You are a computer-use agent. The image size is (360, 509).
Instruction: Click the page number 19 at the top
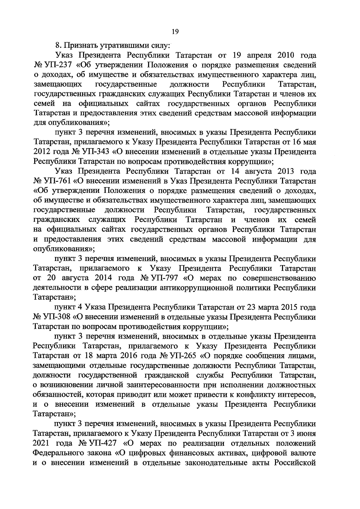(176, 32)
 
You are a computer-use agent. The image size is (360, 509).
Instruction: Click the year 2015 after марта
(291, 307)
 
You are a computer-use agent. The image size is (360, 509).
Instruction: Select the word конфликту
(262, 394)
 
